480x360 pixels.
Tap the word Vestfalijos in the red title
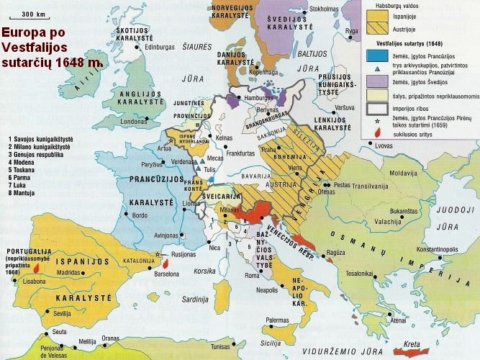point(34,48)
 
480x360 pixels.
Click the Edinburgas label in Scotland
point(165,48)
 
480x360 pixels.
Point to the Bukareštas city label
point(404,211)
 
